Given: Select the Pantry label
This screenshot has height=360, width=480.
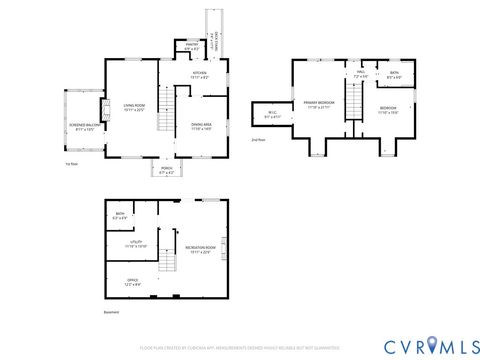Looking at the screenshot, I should [191, 45].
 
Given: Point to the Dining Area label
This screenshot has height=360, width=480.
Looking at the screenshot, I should [202, 126].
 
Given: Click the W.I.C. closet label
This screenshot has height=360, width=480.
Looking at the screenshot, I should [272, 115].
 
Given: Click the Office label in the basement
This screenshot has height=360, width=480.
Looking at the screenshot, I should [132, 283].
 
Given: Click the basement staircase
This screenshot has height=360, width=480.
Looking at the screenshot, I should [170, 266].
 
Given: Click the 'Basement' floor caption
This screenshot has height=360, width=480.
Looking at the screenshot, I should [110, 312].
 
